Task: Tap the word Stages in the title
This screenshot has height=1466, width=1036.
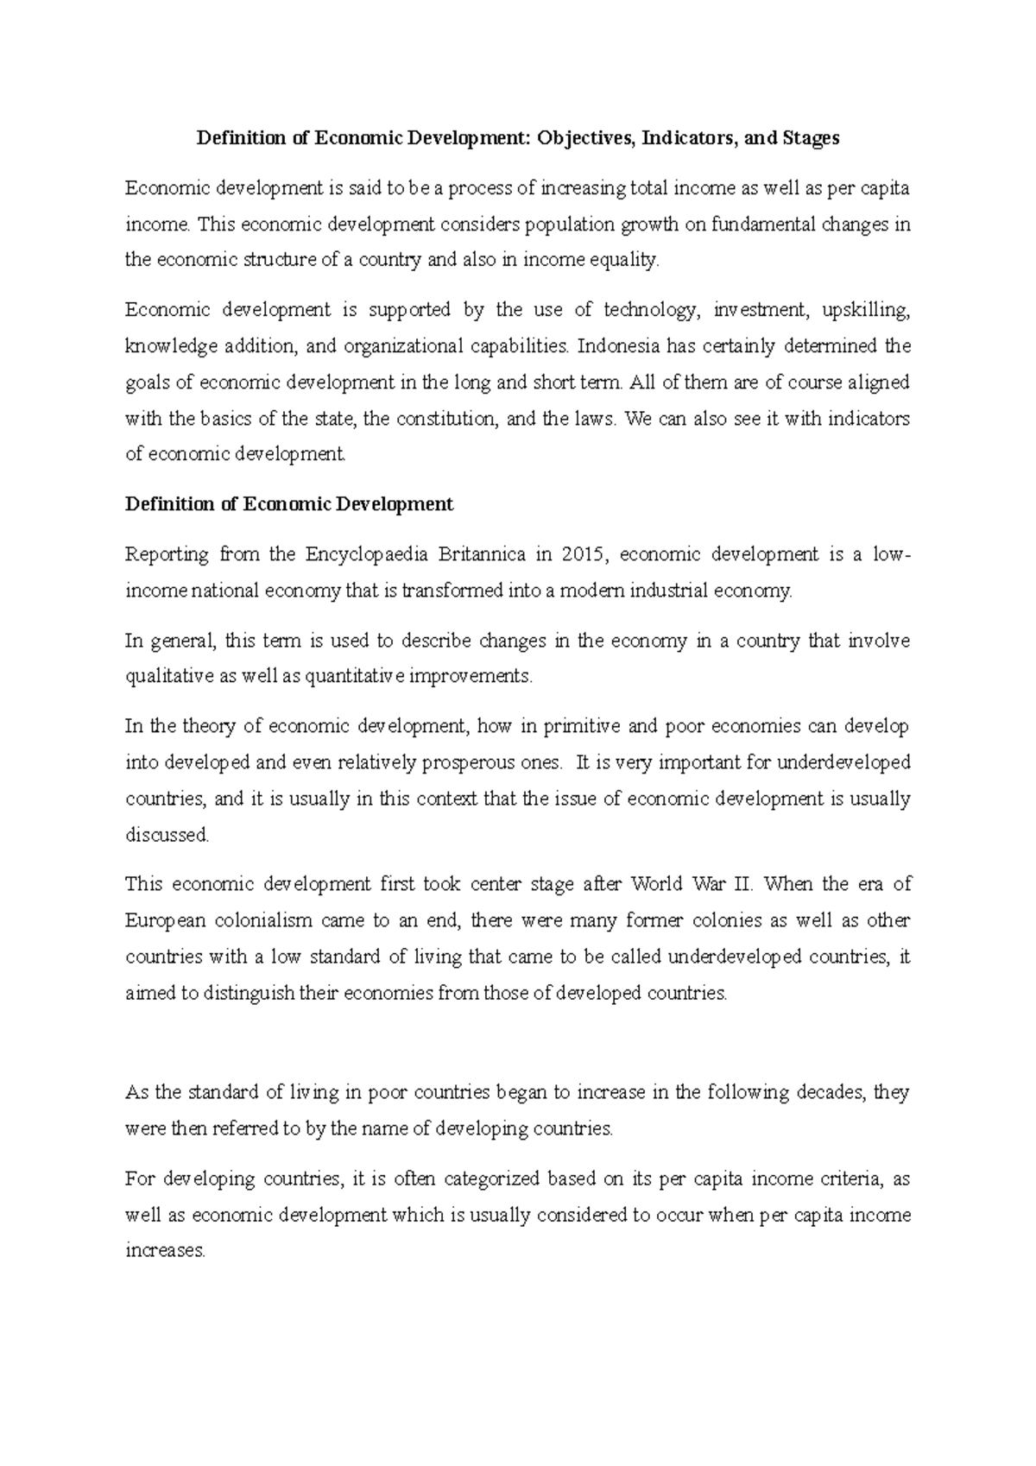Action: (811, 138)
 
